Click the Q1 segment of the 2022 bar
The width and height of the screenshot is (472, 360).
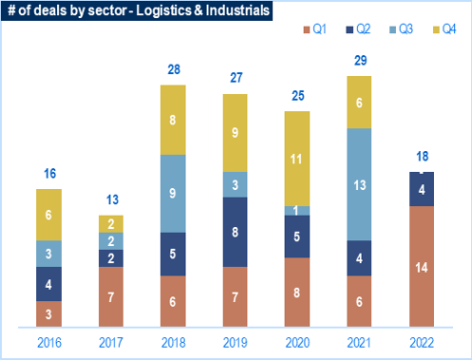coord(422,266)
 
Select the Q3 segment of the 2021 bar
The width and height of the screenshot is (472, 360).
coord(359,184)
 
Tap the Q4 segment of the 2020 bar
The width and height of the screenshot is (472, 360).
coord(297,159)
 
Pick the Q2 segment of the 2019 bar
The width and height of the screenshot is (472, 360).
coord(235,232)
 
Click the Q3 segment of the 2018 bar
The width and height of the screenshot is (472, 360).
coord(173,194)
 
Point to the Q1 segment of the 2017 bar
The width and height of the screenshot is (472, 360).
coord(111,296)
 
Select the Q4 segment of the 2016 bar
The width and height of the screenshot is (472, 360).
coord(48,215)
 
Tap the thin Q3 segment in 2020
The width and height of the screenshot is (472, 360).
coord(297,211)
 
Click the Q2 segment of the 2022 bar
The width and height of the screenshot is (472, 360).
coord(422,189)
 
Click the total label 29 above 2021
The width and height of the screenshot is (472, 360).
coord(361,61)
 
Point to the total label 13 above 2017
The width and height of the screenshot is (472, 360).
coord(112,199)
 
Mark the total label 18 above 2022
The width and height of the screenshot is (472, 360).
coord(423,157)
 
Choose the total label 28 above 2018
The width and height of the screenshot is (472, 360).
coord(174,69)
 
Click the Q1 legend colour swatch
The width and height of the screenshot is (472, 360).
coord(306,29)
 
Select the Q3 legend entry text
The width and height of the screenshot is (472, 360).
coord(406,29)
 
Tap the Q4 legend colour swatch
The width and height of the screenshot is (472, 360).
coord(436,29)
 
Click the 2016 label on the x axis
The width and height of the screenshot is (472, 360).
coord(49,343)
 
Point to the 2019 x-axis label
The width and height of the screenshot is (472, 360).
coord(236,343)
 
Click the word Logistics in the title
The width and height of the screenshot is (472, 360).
coord(163,10)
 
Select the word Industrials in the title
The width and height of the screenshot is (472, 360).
coord(237,10)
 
